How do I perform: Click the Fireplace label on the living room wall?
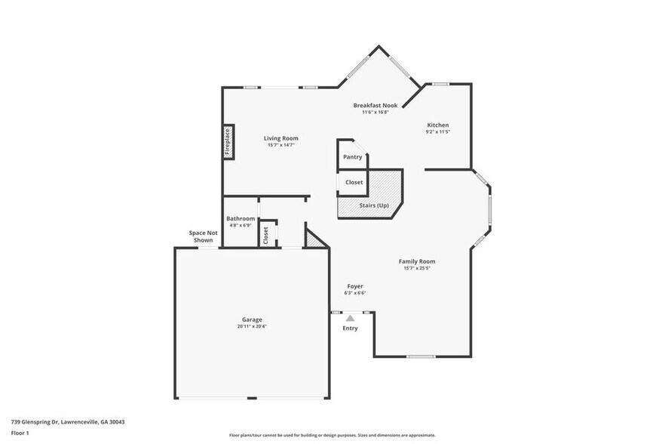(x=228, y=141)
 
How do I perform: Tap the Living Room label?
(x=280, y=138)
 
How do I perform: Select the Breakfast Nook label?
(x=375, y=106)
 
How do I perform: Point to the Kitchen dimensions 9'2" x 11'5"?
(x=437, y=132)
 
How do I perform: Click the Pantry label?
(x=352, y=157)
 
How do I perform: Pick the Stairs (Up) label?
(x=373, y=205)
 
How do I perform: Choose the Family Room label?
(x=417, y=261)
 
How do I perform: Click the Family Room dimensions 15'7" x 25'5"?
(x=417, y=268)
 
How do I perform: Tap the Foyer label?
(x=355, y=286)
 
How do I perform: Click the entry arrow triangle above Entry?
(x=350, y=319)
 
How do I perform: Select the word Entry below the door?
(x=350, y=328)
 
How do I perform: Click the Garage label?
(x=252, y=319)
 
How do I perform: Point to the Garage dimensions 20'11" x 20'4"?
(x=252, y=326)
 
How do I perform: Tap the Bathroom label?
(x=241, y=218)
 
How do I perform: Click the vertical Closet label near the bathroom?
(x=266, y=235)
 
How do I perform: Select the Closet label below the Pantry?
(x=354, y=182)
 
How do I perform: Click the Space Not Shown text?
(x=203, y=236)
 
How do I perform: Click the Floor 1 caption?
(x=20, y=433)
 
